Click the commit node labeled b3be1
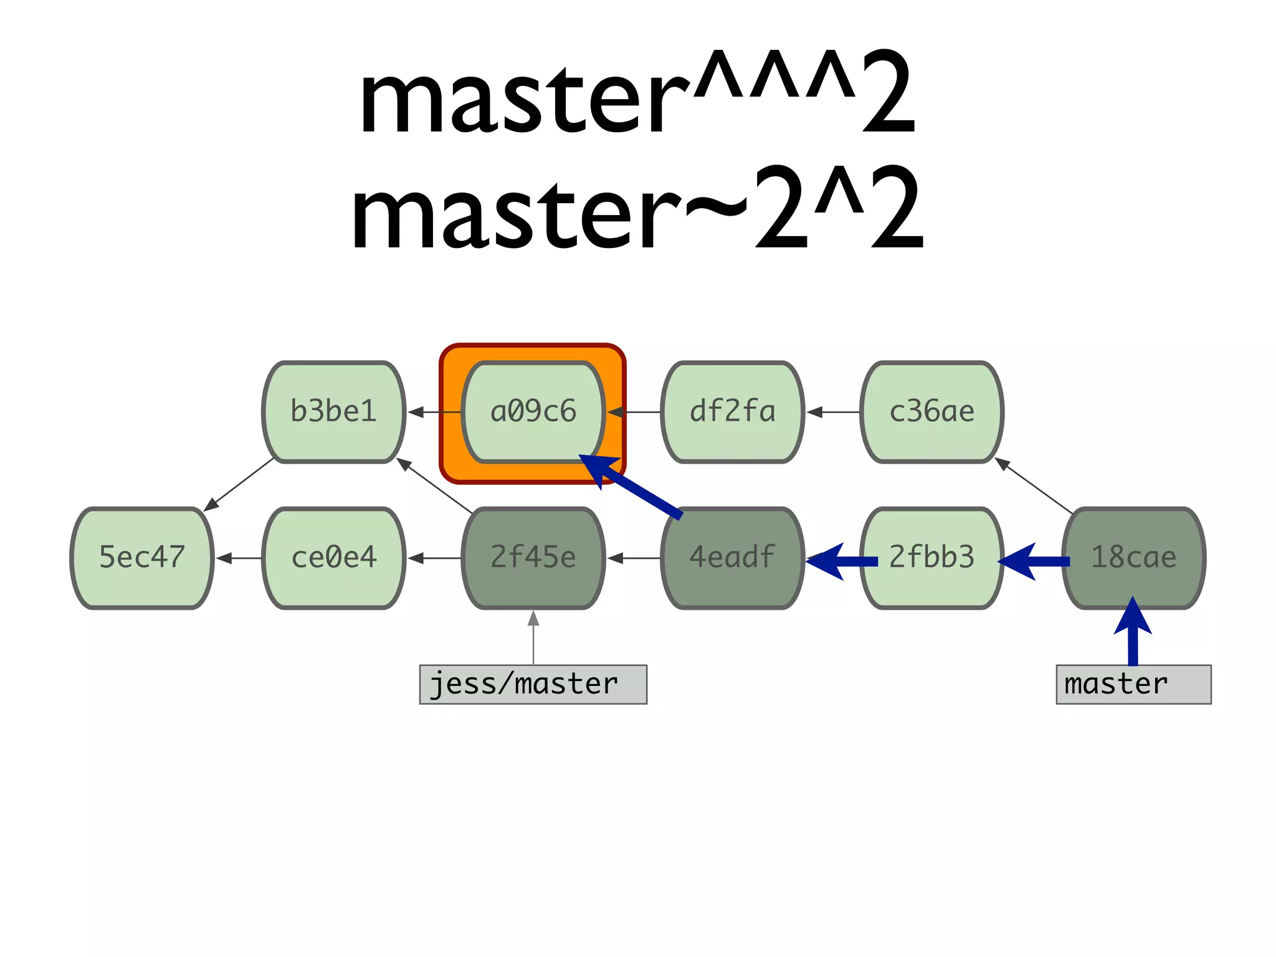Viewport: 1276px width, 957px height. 333,412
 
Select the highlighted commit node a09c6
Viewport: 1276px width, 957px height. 533,412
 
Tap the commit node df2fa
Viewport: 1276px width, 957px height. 732,412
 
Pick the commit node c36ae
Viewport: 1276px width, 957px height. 931,412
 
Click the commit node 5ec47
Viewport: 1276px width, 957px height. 142,558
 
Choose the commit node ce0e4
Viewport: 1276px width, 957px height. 333,558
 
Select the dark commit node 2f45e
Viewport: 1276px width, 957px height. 533,558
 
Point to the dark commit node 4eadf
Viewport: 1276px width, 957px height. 732,558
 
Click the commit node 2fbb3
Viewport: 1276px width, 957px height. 931,558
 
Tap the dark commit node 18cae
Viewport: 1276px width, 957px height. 1133,558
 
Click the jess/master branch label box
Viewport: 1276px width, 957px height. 533,684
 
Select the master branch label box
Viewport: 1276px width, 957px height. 1133,684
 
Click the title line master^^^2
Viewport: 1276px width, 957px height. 637,93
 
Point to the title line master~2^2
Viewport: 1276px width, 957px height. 637,209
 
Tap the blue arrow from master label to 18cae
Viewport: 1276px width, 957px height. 1133,636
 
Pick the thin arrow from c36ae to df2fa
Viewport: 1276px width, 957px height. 834,412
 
